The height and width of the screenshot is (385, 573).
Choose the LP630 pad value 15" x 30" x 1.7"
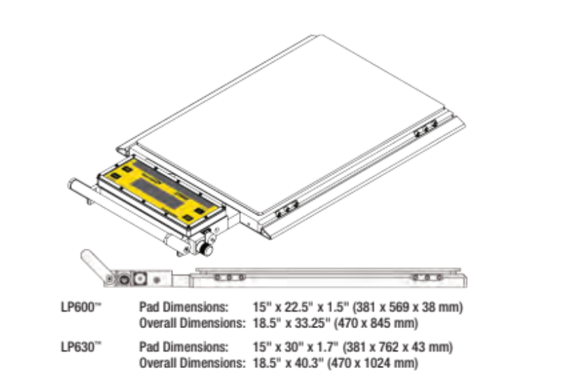point(290,348)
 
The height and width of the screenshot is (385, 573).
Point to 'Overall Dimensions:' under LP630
point(191,363)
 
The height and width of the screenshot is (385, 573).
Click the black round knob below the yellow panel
point(206,250)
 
